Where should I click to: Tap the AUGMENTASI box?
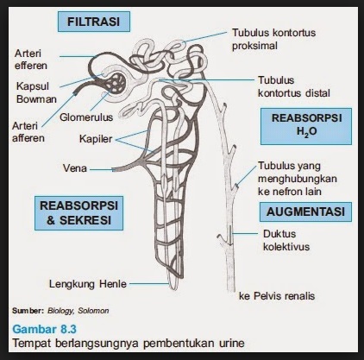point(304,211)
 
